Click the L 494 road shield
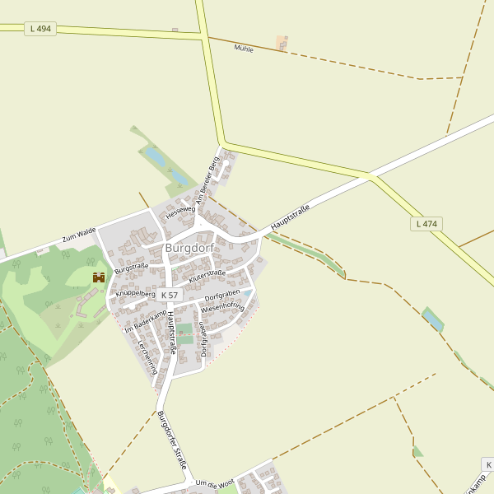click(x=40, y=29)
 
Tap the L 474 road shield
click(x=426, y=223)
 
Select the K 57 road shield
click(x=170, y=295)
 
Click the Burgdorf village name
click(x=189, y=247)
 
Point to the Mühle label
click(x=244, y=49)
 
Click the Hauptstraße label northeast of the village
click(x=290, y=217)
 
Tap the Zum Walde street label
click(x=78, y=237)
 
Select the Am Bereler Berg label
click(x=205, y=179)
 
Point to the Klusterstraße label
click(x=207, y=277)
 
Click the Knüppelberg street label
click(x=136, y=292)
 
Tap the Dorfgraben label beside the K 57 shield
click(x=221, y=296)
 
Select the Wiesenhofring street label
click(x=223, y=308)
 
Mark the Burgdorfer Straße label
click(x=172, y=439)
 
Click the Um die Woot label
click(x=216, y=483)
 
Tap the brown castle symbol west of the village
click(x=98, y=277)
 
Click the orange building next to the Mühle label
click(x=282, y=42)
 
